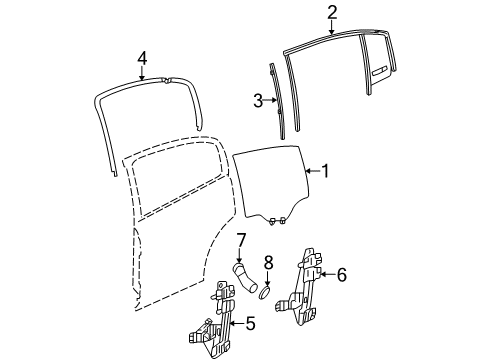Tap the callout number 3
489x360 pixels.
257,100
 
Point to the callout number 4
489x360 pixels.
143,57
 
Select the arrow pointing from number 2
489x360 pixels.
333,27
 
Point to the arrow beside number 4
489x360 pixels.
143,71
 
